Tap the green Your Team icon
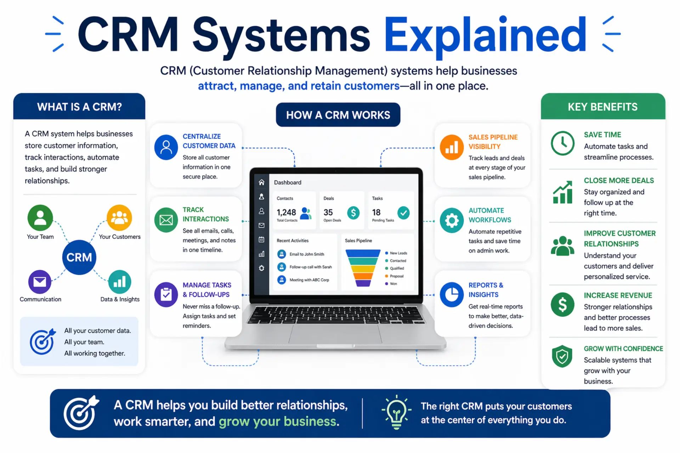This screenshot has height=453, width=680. pos(40,217)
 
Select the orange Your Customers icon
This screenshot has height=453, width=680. pos(119,217)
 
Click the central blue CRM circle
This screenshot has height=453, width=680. pos(79,257)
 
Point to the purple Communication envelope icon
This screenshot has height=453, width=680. pos(40,282)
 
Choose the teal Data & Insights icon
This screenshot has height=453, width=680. pos(120,282)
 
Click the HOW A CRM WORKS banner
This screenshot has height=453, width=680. pos(338,115)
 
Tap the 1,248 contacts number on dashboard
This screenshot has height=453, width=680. pos(286,212)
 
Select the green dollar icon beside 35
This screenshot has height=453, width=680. pos(353,212)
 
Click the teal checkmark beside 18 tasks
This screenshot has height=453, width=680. pos(403,212)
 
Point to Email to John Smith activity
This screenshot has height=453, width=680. pos(307,254)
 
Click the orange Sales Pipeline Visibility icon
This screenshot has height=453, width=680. pos(452,147)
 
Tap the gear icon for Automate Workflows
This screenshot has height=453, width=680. pos(452,220)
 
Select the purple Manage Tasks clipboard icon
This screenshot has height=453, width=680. pos(166,294)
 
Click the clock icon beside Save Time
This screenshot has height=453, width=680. pos(562,143)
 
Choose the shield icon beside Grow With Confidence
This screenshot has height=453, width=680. pos(562,356)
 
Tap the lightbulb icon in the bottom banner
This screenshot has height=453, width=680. pos(396,412)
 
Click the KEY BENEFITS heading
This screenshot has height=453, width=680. pos(603,107)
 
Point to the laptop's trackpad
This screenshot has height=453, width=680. pos(335,333)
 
